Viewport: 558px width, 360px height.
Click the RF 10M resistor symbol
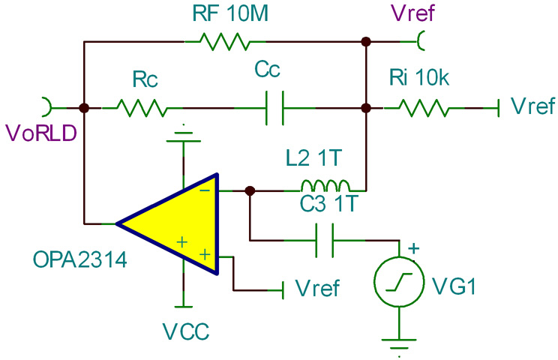click(x=225, y=41)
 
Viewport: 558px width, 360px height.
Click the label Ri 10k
click(x=420, y=77)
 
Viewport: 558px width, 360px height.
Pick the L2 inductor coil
click(x=325, y=186)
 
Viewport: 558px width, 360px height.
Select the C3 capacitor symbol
click(x=325, y=240)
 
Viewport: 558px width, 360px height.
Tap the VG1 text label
click(x=449, y=285)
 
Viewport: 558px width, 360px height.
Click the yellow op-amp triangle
click(x=176, y=223)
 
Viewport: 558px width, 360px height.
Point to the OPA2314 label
click(x=79, y=262)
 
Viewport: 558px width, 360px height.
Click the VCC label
click(x=184, y=330)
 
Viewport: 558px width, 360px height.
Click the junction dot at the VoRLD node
click(x=84, y=109)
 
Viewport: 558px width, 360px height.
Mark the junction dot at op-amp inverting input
click(x=250, y=190)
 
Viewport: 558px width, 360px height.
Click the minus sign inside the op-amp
click(x=204, y=192)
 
